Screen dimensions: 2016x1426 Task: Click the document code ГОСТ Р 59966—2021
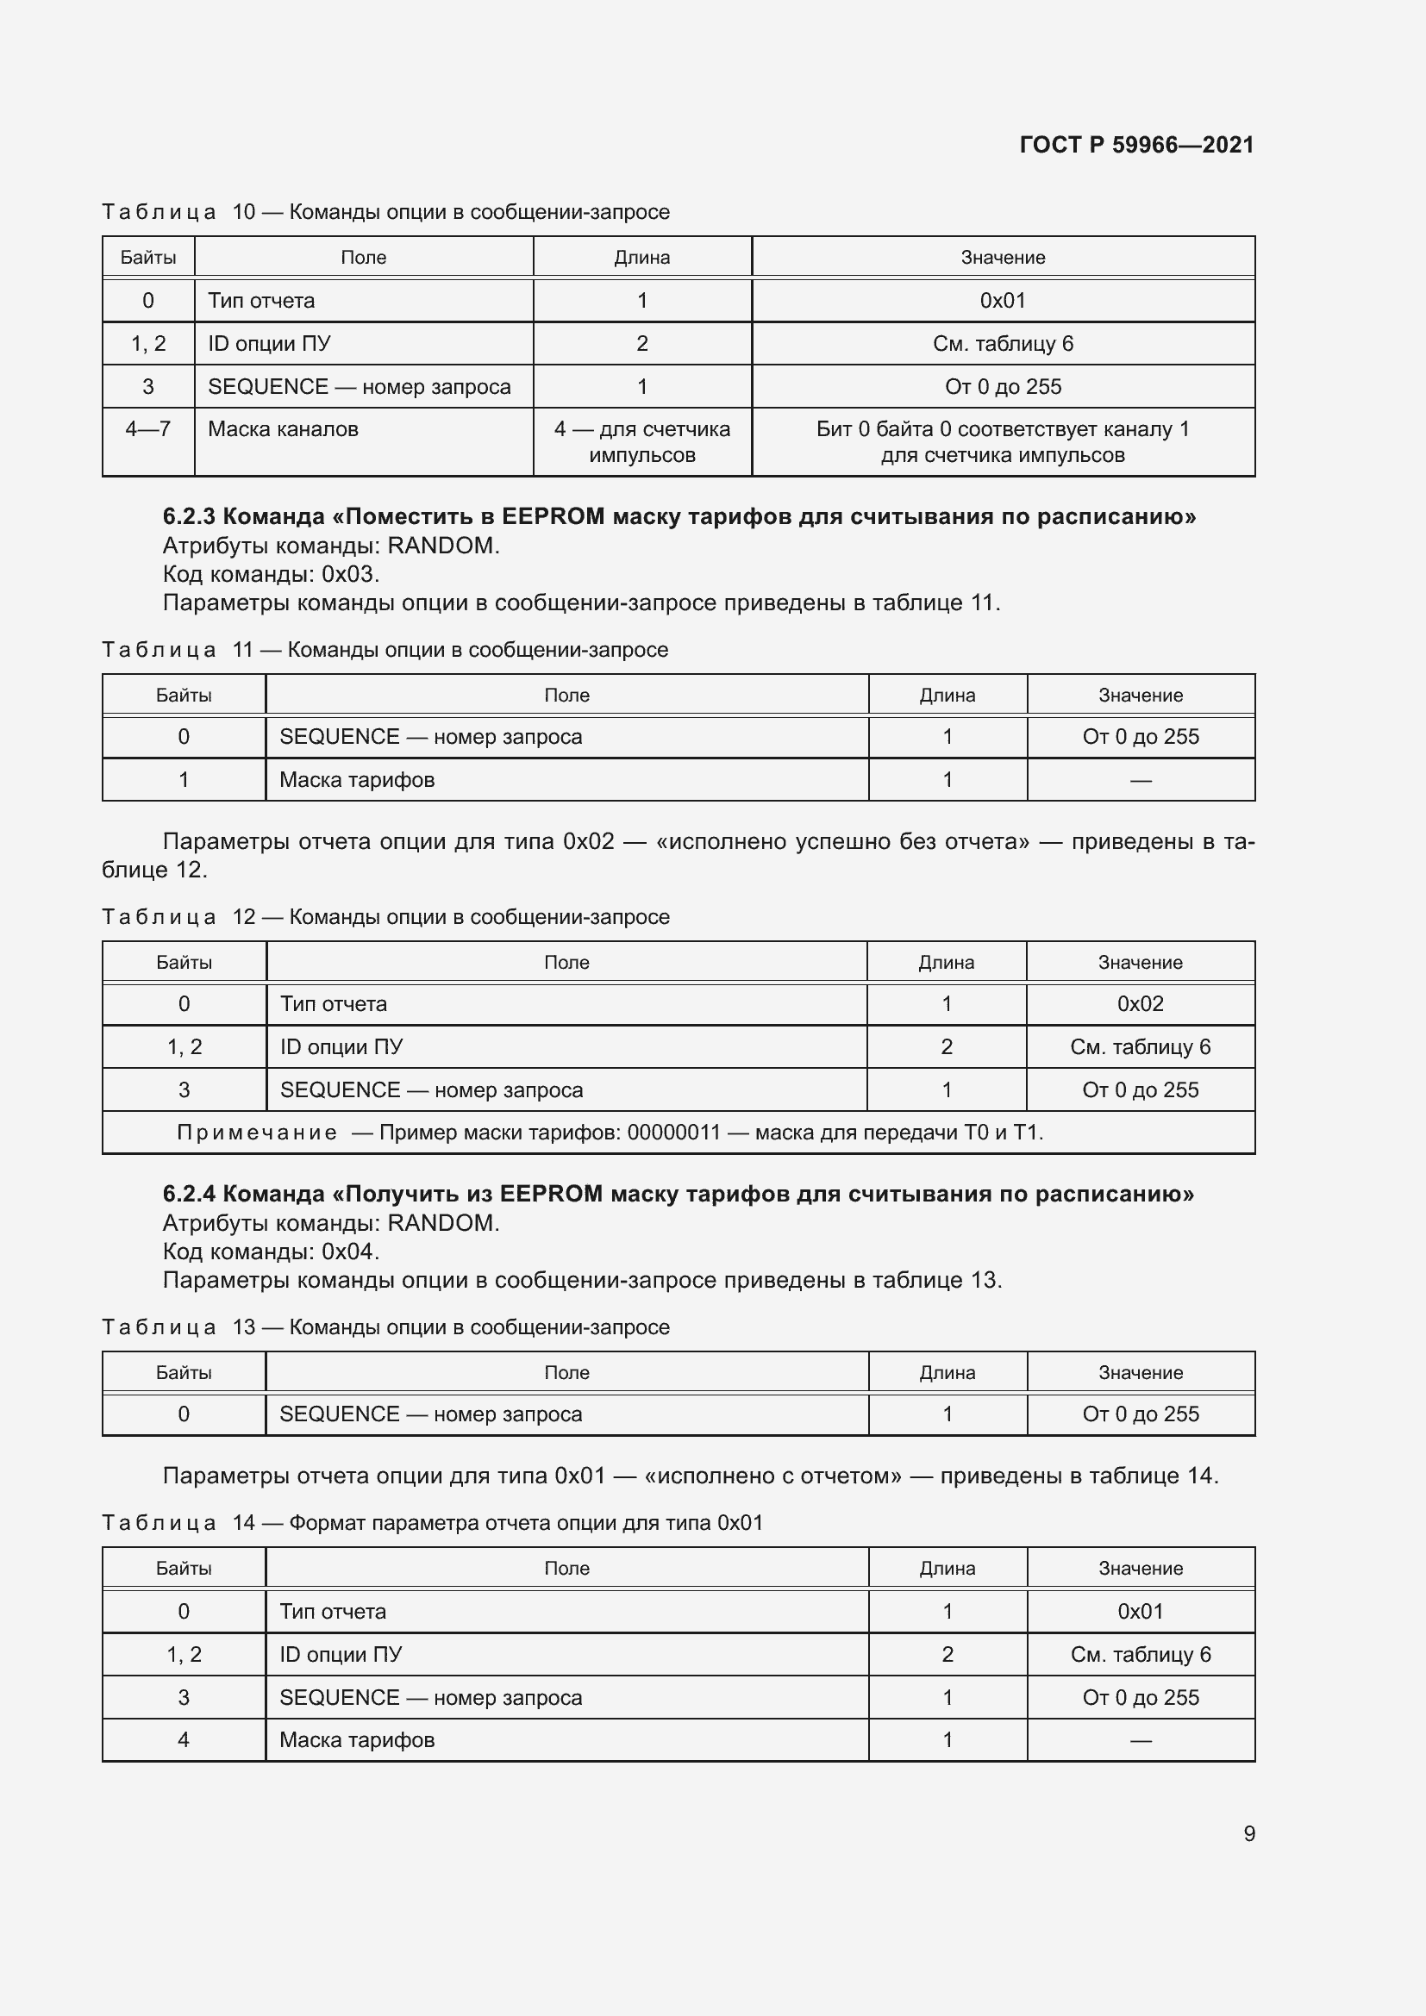[x=1136, y=145]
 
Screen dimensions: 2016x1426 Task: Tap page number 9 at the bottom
[x=1248, y=1833]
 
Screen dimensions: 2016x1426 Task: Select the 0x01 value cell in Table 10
[x=1002, y=300]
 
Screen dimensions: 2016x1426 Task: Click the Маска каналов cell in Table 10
[x=283, y=429]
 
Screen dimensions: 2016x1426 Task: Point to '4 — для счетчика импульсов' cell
[x=642, y=441]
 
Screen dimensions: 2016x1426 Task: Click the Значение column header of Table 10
[x=1002, y=257]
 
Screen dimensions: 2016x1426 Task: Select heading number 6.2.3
[x=189, y=516]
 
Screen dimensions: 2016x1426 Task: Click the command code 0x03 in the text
[x=350, y=574]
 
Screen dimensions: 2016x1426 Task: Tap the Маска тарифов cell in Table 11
[x=357, y=780]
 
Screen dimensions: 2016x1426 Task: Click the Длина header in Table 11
[x=947, y=696]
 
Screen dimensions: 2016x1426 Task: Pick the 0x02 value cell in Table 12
[x=1140, y=1003]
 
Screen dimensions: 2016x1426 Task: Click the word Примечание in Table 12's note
[x=256, y=1133]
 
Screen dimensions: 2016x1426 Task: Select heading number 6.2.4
[x=189, y=1194]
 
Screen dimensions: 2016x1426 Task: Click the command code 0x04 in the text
[x=350, y=1251]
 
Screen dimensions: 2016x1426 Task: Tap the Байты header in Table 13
[x=184, y=1372]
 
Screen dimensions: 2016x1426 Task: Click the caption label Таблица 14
[x=178, y=1522]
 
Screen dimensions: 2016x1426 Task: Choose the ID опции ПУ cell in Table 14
[x=341, y=1654]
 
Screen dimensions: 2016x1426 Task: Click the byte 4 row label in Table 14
[x=184, y=1739]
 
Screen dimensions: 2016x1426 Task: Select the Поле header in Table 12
[x=566, y=963]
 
